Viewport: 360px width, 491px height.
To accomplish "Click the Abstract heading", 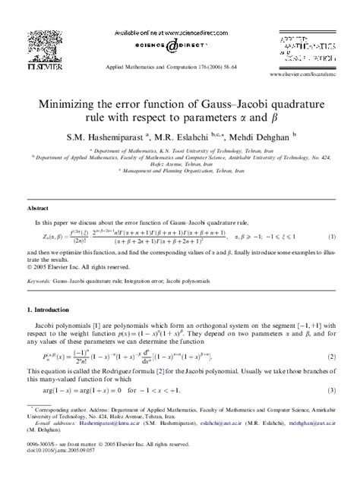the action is tap(38, 207).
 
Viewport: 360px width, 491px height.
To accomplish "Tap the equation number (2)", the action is tap(332, 357).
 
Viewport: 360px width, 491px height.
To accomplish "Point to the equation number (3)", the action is tap(332, 390).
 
